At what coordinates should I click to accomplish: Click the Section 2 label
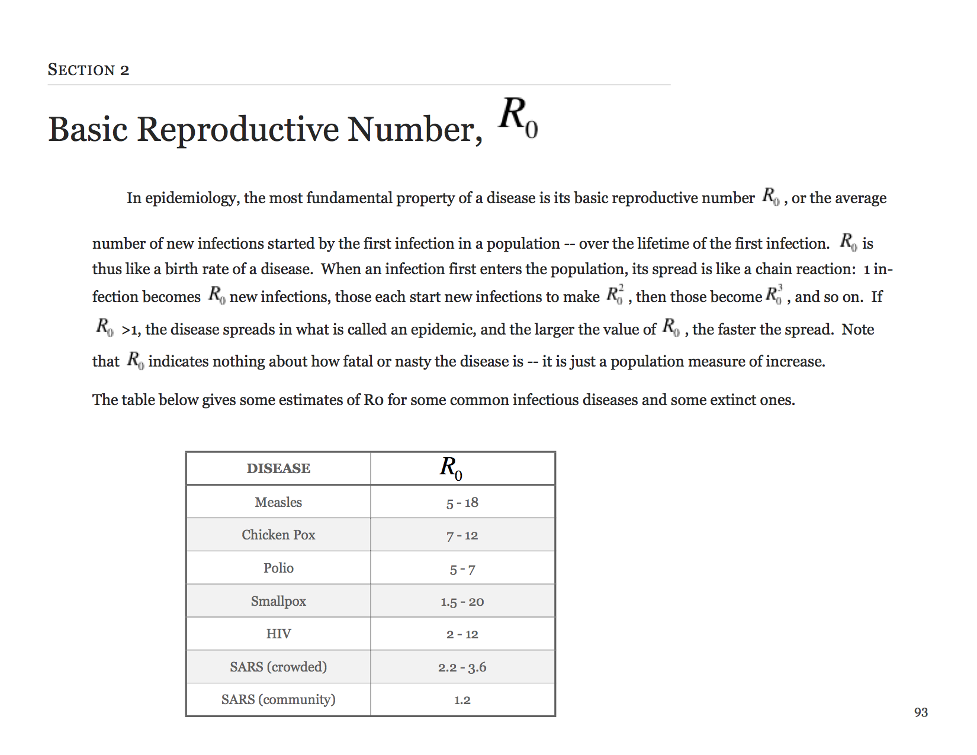coord(88,70)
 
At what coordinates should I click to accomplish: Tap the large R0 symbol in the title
coord(518,117)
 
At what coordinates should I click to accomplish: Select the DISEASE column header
coord(278,468)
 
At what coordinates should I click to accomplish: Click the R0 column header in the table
coord(451,468)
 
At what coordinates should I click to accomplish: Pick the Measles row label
coord(278,502)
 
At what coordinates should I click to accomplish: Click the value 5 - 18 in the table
coord(462,503)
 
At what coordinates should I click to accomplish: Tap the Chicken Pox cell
coord(278,535)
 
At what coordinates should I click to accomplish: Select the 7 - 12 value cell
coord(462,536)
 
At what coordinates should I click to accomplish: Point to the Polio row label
coord(278,568)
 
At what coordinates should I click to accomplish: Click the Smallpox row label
coord(278,601)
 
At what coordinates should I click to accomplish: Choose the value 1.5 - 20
coord(462,602)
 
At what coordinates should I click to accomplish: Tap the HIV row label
coord(278,634)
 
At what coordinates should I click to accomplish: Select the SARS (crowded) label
coord(278,667)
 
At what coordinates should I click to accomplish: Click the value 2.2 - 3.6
coord(462,667)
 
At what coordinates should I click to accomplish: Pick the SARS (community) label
coord(278,699)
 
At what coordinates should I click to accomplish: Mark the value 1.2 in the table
coord(462,700)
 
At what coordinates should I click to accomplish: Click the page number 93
coord(921,712)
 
